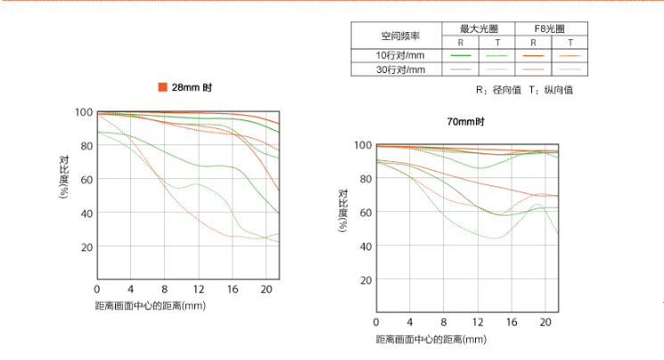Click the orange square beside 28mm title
coord(162,87)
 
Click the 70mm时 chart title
coord(466,121)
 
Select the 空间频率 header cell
coord(395,36)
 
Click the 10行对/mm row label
coord(395,55)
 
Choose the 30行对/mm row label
coord(395,69)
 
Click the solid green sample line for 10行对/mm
coord(460,55)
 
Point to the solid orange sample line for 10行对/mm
coord(533,55)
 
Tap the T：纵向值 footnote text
coord(551,90)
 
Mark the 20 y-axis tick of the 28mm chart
coord(86,247)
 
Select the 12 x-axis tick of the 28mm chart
coord(198,290)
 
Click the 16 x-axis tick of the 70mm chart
coord(512,322)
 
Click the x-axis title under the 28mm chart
coord(151,306)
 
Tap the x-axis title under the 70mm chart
coord(430,339)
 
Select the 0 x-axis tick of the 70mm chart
coord(376,322)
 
